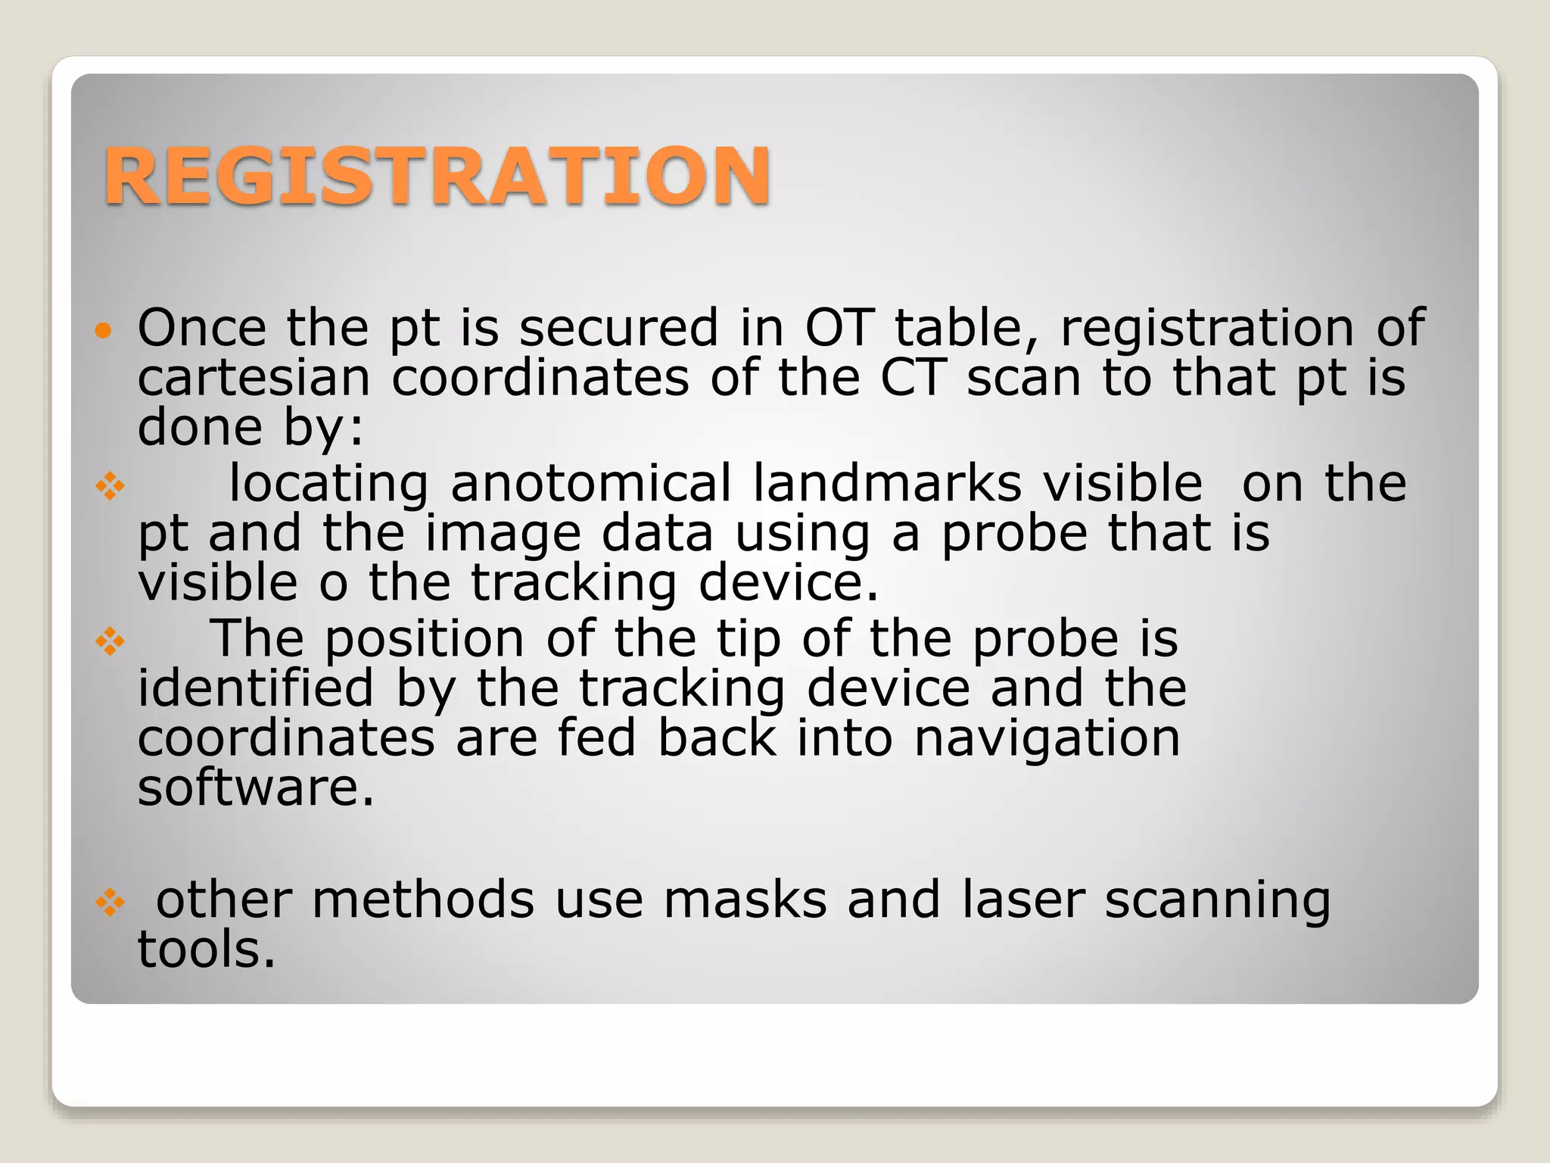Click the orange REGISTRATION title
coord(437,176)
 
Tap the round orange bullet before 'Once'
coord(104,330)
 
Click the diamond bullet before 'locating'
coord(110,486)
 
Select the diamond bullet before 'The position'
coord(110,642)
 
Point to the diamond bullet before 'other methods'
coord(110,903)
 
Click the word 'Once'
coord(202,328)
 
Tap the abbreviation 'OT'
coord(839,328)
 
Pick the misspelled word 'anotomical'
coord(591,483)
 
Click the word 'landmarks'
coord(887,483)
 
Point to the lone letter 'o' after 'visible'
coord(333,584)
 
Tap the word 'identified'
coord(256,688)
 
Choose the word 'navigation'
coord(1047,738)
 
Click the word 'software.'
coord(256,787)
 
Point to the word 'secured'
coord(618,328)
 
